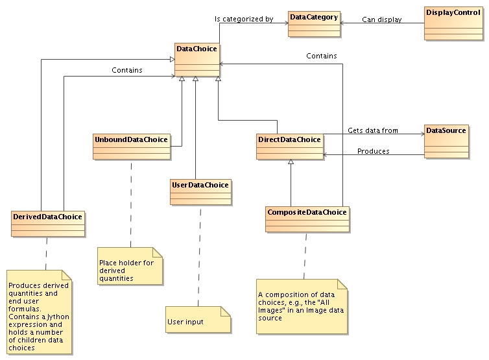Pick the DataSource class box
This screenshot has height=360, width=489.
point(446,141)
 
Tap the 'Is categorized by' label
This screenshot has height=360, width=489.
point(244,19)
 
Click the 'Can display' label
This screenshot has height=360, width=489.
point(382,19)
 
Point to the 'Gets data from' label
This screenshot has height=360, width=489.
point(373,130)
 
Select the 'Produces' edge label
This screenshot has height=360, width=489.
point(374,151)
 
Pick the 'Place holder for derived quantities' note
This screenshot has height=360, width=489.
point(130,266)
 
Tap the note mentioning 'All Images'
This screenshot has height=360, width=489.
point(302,306)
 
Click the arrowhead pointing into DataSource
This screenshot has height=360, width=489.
point(420,135)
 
